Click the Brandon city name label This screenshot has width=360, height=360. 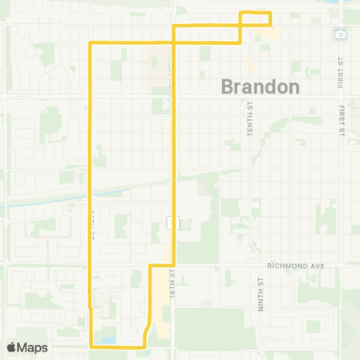(260, 86)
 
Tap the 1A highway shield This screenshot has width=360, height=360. (340, 34)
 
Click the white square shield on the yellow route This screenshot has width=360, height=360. (172, 223)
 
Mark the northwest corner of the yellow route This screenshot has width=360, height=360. (91, 42)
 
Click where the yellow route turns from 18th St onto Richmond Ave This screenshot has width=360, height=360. (174, 265)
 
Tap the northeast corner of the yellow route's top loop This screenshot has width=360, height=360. (270, 13)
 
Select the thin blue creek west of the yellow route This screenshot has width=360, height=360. (45, 201)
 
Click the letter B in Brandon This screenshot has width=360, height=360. (228, 86)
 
